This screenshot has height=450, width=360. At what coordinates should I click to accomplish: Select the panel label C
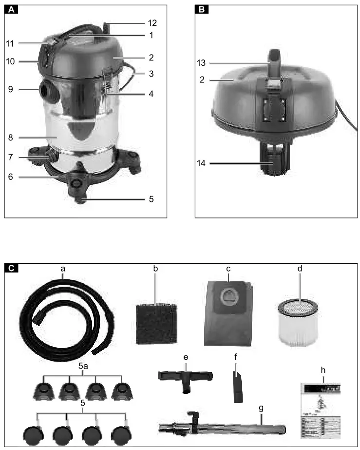click(11, 267)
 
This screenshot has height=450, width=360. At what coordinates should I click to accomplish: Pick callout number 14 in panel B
click(202, 164)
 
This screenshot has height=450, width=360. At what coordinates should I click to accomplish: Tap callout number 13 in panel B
click(202, 63)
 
